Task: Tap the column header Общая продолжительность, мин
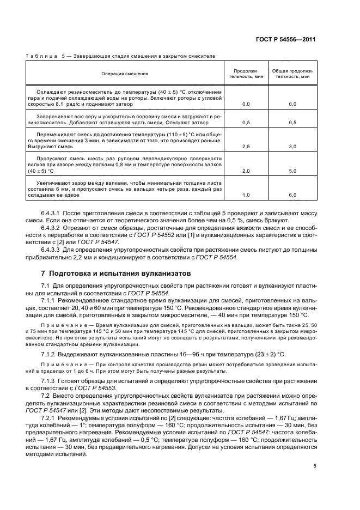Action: point(292,74)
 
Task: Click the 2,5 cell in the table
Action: point(246,147)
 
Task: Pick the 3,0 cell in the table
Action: point(292,147)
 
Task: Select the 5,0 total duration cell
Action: point(292,171)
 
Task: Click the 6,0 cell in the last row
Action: point(292,195)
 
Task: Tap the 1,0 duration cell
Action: point(246,195)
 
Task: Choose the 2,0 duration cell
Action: point(246,171)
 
